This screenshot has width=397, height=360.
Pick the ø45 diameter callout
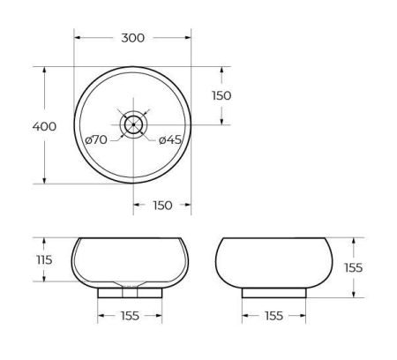[170, 139]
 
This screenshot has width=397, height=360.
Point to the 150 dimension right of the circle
[221, 95]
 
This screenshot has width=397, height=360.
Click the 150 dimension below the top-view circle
[161, 206]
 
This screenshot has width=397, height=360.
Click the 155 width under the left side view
[130, 315]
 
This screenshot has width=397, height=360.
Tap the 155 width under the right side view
[273, 315]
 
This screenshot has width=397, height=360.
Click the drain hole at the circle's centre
[132, 124]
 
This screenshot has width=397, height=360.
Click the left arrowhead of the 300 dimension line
[77, 38]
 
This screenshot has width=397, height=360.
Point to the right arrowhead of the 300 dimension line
[189, 38]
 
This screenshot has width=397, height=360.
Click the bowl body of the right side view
[273, 261]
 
